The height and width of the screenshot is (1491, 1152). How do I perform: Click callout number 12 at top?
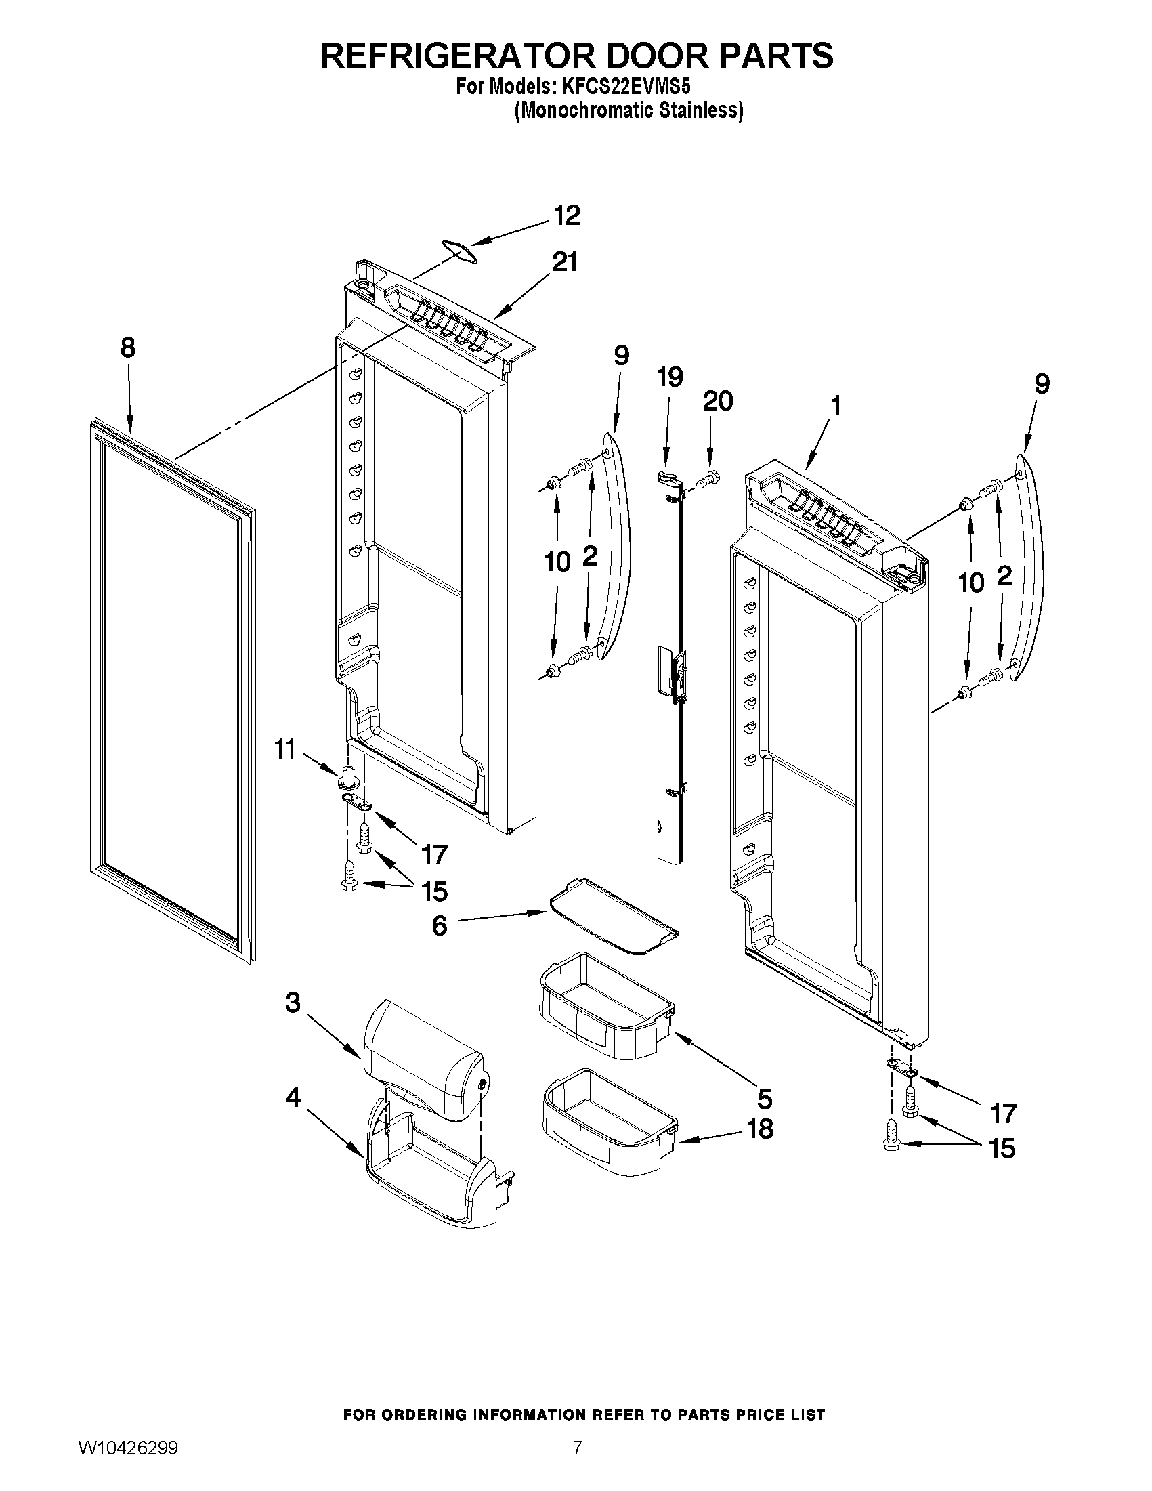[x=566, y=215]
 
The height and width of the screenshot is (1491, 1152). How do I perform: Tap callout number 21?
[x=564, y=261]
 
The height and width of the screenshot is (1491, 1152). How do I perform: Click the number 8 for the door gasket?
[x=127, y=348]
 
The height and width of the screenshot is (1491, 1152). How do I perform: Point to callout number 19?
[x=670, y=376]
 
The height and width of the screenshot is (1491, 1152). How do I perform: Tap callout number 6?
[x=439, y=926]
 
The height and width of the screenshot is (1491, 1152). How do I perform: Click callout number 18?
[x=761, y=1129]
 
